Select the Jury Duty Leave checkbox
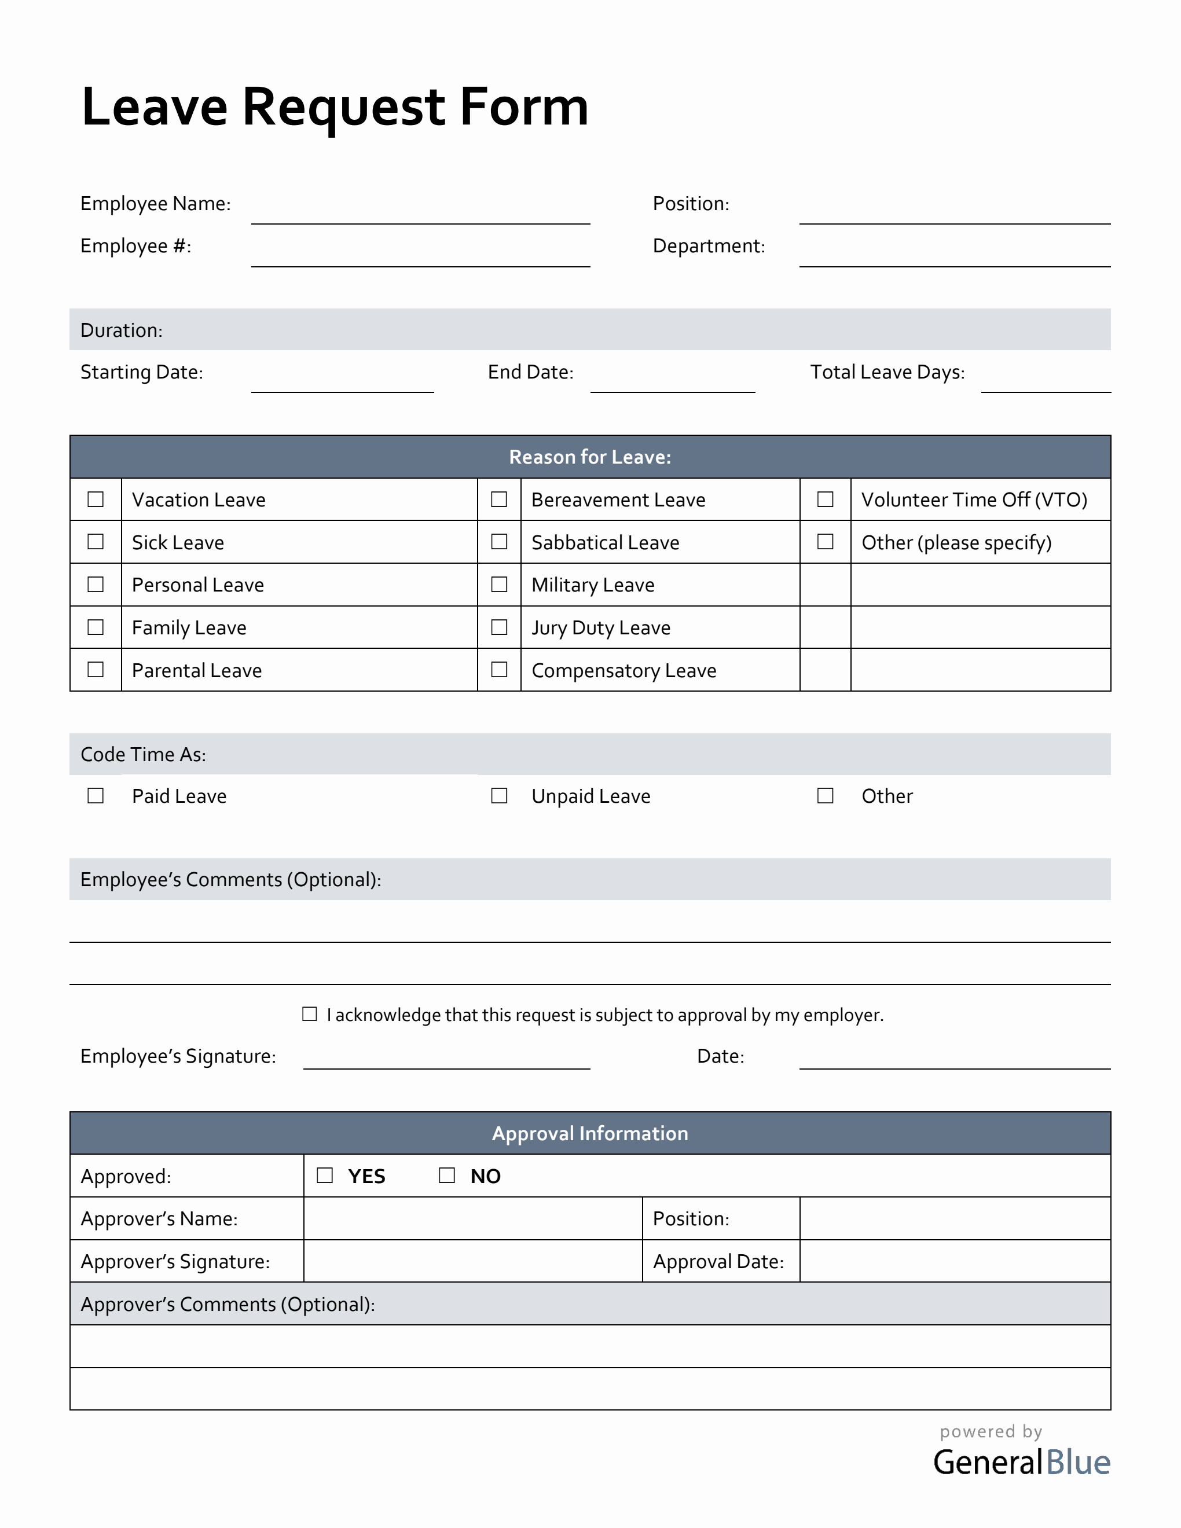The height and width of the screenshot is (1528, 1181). (x=499, y=627)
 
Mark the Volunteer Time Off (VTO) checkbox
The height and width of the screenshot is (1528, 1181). (x=825, y=499)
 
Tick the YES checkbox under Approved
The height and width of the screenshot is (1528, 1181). (x=325, y=1176)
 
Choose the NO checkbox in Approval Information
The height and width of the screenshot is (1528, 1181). (x=446, y=1176)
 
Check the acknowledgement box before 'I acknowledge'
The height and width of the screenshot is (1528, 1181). (x=309, y=1014)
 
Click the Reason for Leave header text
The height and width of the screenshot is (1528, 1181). (x=590, y=457)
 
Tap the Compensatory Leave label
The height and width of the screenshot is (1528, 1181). (x=623, y=670)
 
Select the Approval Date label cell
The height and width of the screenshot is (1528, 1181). (x=718, y=1261)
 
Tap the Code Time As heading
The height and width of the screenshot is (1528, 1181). (x=143, y=754)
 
